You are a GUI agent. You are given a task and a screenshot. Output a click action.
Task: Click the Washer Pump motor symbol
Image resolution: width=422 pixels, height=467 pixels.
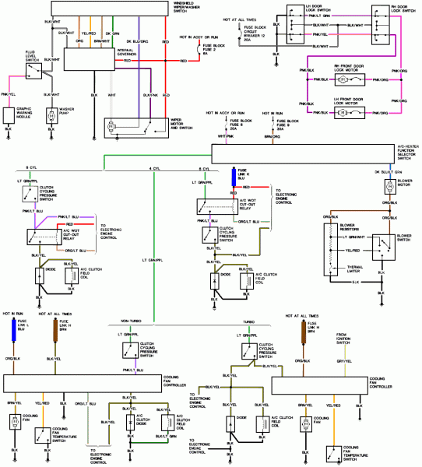[x=51, y=116]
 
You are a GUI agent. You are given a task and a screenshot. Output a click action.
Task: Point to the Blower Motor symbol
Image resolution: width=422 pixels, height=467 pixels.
[x=387, y=188]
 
